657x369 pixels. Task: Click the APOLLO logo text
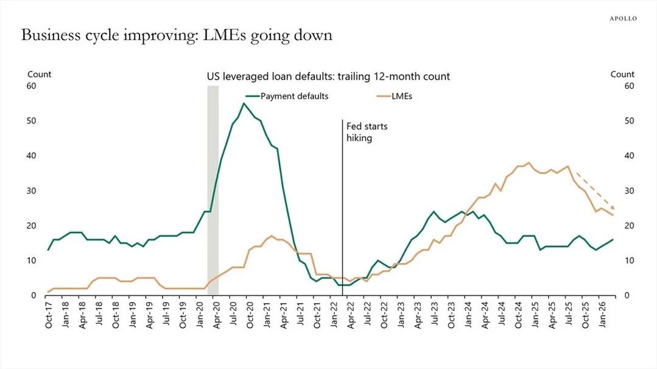[x=623, y=19]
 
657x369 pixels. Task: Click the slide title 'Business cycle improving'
[x=177, y=35]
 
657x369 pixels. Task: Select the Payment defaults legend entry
[x=287, y=96]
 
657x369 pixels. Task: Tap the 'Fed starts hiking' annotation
[x=367, y=132]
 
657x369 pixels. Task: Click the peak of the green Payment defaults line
[x=244, y=103]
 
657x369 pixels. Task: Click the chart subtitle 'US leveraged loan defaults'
[x=328, y=77]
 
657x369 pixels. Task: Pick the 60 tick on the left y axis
[x=31, y=86]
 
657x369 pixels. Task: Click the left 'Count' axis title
[x=39, y=74]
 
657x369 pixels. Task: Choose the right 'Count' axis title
[x=622, y=74]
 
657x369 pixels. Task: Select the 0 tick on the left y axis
[x=34, y=295]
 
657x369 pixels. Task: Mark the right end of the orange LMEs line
[x=613, y=216]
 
